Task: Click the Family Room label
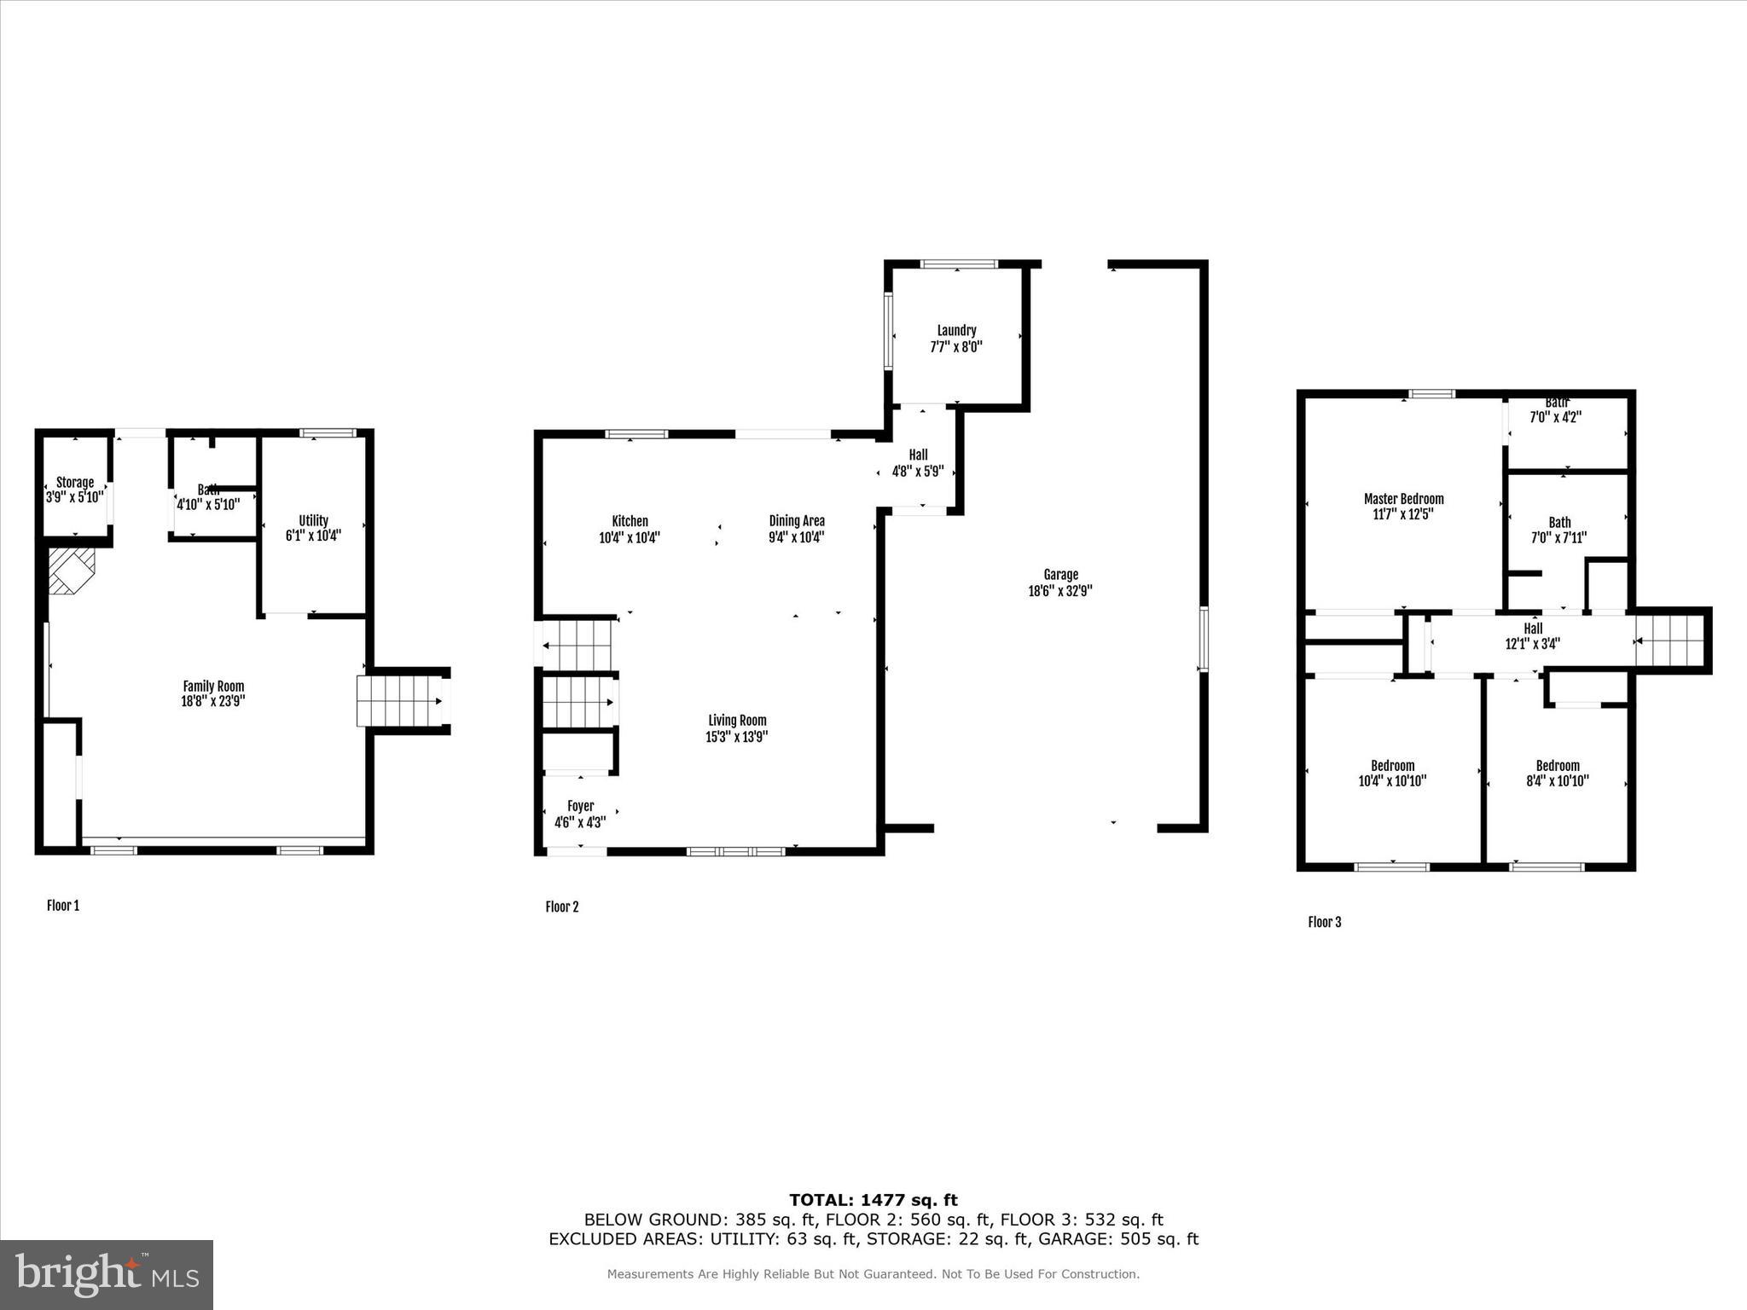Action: click(213, 686)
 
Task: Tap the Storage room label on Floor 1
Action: click(75, 483)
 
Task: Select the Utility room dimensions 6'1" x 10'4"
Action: click(313, 536)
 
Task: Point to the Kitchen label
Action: click(630, 521)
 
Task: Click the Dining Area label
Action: click(797, 521)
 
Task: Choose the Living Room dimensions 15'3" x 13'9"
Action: click(736, 737)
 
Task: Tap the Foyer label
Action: click(580, 806)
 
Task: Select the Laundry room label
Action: click(956, 331)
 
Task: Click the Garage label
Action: click(1060, 575)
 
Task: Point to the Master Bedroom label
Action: click(1403, 499)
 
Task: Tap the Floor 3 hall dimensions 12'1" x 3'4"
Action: click(1533, 645)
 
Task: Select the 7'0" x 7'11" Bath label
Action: click(1559, 523)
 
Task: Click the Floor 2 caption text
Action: click(562, 907)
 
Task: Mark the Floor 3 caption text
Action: click(1325, 922)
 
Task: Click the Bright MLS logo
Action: click(107, 1274)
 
